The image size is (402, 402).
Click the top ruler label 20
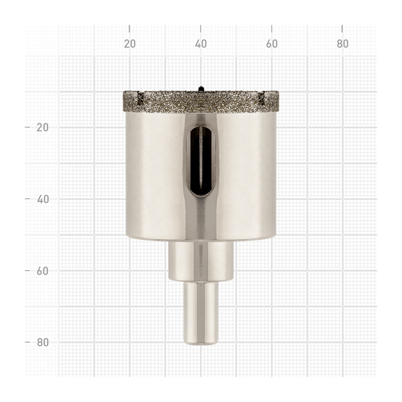130,44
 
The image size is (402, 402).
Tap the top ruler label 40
200,44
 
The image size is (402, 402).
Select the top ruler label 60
272,44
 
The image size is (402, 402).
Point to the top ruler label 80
343,44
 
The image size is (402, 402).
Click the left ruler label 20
43,128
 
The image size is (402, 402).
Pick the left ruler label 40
43,199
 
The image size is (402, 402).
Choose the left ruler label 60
43,271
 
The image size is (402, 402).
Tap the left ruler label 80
43,342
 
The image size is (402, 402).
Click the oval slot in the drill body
200,161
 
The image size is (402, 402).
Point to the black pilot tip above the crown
200,88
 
